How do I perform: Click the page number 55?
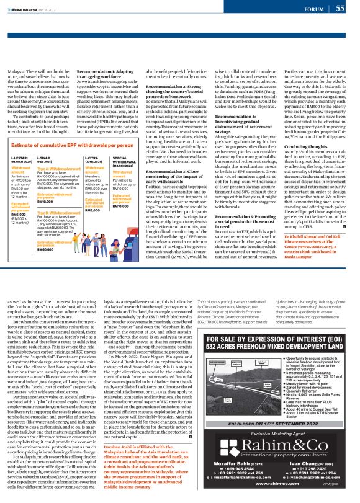pyautogui.click(x=340, y=8)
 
